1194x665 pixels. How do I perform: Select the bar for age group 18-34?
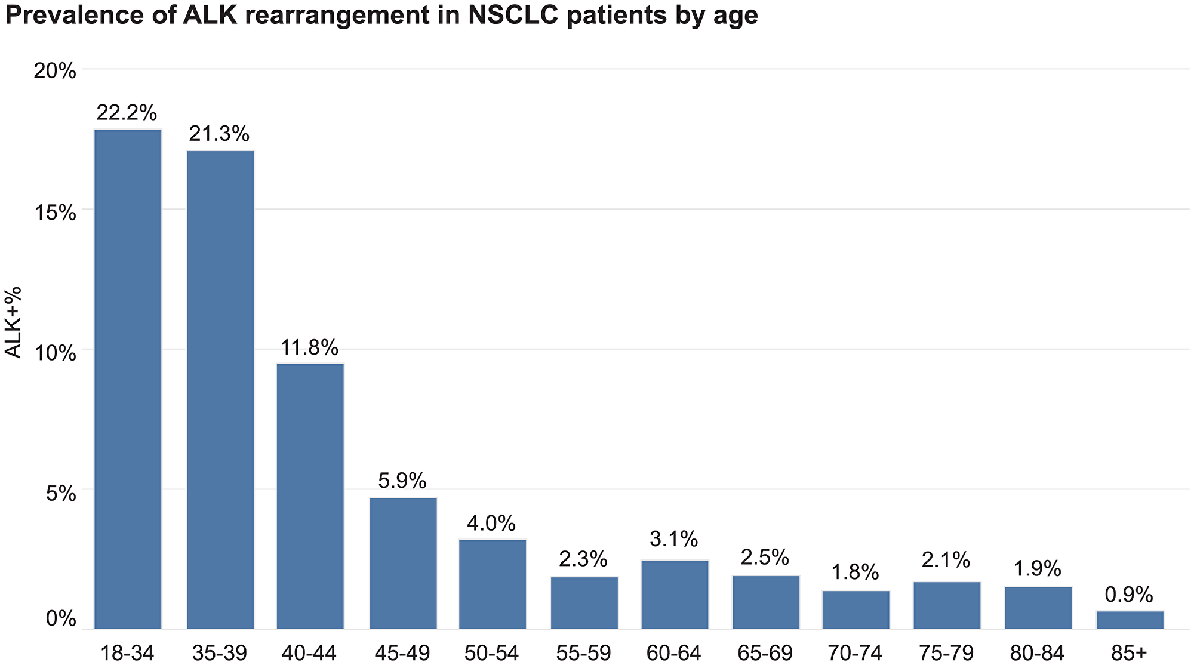(x=128, y=378)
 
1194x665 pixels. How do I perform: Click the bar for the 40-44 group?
(x=310, y=495)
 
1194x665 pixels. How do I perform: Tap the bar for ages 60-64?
(x=675, y=594)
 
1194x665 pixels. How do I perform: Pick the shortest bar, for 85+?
(x=1130, y=620)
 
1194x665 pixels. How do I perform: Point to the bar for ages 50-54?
(x=493, y=584)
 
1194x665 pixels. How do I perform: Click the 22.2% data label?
(x=127, y=112)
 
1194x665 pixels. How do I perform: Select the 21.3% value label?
(x=219, y=134)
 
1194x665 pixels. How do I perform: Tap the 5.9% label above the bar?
(x=402, y=481)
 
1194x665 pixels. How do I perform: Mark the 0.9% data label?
(x=1128, y=595)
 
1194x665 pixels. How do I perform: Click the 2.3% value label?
(x=583, y=560)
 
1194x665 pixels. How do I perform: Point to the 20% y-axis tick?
(x=54, y=72)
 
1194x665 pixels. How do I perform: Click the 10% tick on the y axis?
(x=54, y=352)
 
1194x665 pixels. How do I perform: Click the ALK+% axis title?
(x=13, y=322)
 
